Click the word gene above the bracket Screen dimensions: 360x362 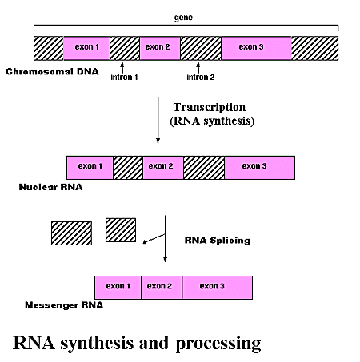[183, 18]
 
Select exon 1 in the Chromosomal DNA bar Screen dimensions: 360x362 [86, 48]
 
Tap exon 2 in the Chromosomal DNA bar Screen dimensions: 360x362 [160, 48]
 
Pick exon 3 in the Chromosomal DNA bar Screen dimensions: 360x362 [256, 48]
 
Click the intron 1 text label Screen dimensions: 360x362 [124, 78]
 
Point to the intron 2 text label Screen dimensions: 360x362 [201, 78]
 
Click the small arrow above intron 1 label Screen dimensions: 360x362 [122, 67]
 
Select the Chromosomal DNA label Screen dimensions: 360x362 [52, 71]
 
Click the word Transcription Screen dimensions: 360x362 [210, 107]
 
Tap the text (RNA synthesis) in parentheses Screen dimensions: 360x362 [212, 121]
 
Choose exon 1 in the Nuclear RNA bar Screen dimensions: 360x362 [90, 168]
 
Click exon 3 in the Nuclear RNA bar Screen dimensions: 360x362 [259, 168]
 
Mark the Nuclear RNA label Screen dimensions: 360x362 [50, 187]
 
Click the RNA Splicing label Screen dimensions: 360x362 [218, 241]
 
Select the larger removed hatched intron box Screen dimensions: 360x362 [71, 233]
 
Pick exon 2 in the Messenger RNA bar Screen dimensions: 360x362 [162, 288]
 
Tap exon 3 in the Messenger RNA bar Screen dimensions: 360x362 [217, 288]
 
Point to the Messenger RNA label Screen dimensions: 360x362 [64, 305]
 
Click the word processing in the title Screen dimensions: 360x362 [218, 344]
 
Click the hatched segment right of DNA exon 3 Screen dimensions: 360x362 [315, 48]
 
